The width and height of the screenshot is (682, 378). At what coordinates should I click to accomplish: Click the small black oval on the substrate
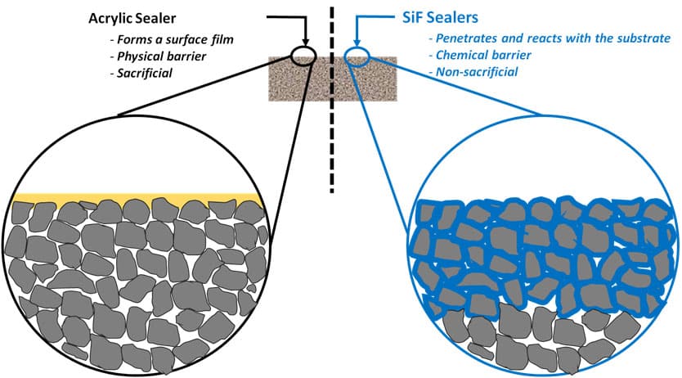[303, 55]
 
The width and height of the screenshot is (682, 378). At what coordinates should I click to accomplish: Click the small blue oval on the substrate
[357, 55]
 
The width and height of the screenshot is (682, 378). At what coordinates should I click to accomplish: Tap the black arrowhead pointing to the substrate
[304, 41]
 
